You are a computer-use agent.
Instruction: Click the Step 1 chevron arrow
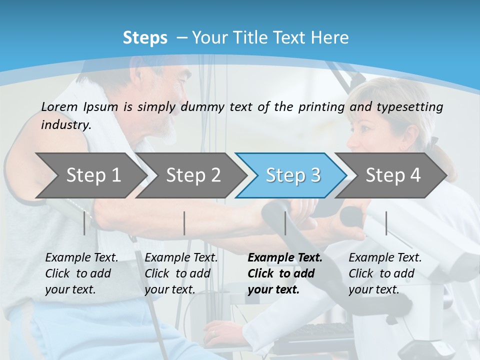[x=93, y=175]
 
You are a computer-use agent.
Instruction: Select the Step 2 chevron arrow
[x=193, y=175]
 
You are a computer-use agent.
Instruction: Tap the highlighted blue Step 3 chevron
[x=293, y=175]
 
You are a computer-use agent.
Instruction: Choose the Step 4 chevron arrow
[x=393, y=175]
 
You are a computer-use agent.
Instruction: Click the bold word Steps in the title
[x=145, y=38]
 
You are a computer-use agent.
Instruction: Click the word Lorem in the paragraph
[x=59, y=106]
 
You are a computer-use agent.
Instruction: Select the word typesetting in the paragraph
[x=409, y=107]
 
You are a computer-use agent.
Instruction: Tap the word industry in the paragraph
[x=66, y=124]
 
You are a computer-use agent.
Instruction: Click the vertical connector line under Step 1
[x=84, y=223]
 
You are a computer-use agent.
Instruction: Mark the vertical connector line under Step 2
[x=184, y=223]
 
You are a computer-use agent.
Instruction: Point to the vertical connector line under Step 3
[x=285, y=223]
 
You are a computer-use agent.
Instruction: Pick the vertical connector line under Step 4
[x=386, y=223]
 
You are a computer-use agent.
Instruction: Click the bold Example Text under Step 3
[x=285, y=258]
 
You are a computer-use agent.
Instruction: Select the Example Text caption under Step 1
[x=82, y=258]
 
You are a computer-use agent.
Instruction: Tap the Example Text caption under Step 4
[x=385, y=258]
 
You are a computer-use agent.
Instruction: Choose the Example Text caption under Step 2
[x=181, y=258]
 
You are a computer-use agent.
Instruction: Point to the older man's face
[x=170, y=100]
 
